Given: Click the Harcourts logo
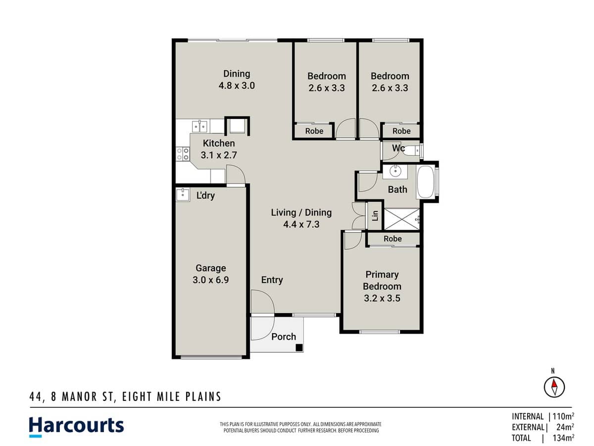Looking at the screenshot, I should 76,426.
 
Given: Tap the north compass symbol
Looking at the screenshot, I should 554,386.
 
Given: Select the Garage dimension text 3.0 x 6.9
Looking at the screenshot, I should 210,279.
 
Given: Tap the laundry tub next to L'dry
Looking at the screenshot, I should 183,195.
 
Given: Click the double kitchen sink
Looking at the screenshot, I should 199,126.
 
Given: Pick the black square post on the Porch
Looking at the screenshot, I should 299,347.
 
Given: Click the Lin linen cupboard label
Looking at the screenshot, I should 375,216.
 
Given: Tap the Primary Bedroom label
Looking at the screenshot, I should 382,280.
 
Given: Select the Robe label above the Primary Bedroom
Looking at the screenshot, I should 393,239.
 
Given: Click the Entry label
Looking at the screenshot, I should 272,280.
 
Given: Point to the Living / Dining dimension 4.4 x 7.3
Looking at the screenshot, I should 301,224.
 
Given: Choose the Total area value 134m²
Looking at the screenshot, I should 563,438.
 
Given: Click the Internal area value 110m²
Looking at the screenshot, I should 563,416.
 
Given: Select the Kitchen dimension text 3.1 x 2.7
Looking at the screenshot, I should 219,155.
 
